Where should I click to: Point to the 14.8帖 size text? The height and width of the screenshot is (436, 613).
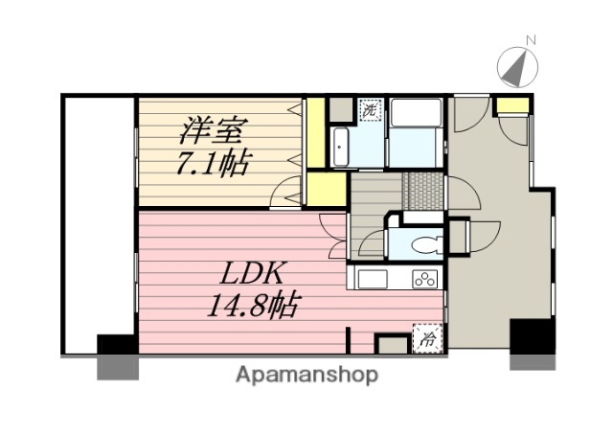pyautogui.click(x=251, y=308)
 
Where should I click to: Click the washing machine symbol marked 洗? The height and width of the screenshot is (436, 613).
pyautogui.click(x=369, y=109)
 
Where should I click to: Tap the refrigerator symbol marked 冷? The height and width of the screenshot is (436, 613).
pyautogui.click(x=428, y=337)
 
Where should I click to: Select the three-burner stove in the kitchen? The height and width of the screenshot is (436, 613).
pyautogui.click(x=423, y=279)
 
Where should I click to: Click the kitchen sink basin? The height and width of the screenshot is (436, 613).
pyautogui.click(x=373, y=279)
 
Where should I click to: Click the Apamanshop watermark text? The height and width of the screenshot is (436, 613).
pyautogui.click(x=306, y=374)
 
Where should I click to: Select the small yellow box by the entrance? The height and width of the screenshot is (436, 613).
pyautogui.click(x=515, y=105)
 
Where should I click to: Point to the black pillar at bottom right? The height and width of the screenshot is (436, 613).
pyautogui.click(x=532, y=341)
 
